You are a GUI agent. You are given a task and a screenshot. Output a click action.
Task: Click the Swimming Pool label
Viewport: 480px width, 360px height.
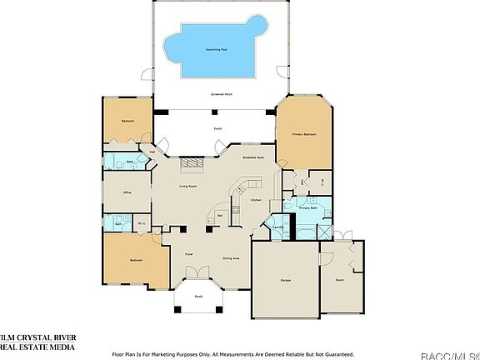[x=218, y=49]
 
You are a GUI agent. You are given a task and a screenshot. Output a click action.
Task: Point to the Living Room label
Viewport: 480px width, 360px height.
[x=187, y=186]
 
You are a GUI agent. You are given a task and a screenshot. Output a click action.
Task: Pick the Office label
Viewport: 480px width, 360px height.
[x=127, y=192]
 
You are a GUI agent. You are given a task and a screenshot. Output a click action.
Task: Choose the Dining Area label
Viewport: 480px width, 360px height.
[x=232, y=258]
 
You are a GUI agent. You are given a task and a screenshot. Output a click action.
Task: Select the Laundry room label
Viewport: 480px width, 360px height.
[x=278, y=227]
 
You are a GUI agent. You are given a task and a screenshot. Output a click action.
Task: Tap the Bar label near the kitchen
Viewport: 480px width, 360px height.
[x=220, y=215]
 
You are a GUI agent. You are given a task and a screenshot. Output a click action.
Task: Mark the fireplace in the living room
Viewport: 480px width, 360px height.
[x=194, y=166]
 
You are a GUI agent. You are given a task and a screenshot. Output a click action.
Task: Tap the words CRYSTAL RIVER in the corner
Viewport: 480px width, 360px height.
[x=50, y=336]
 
